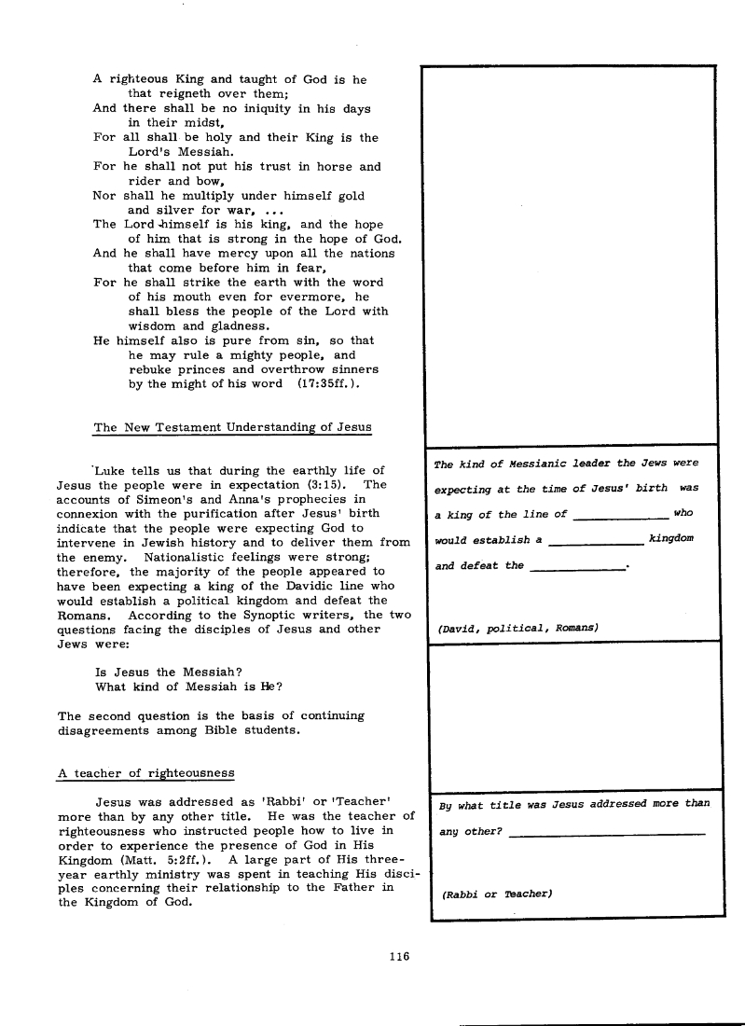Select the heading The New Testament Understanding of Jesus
232,427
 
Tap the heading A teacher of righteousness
146,772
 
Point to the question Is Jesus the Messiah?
158,672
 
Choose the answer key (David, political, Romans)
517,627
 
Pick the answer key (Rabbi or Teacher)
495,894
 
